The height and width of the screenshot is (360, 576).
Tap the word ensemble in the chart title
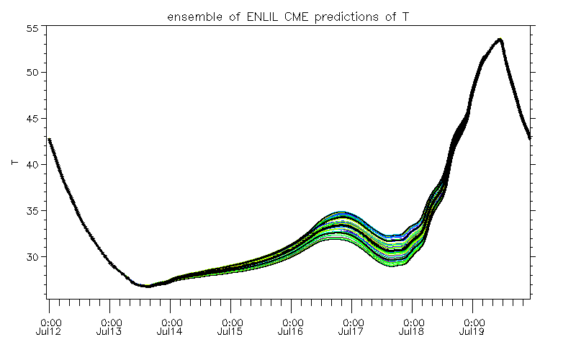click(x=194, y=17)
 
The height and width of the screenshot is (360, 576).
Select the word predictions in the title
click(x=347, y=17)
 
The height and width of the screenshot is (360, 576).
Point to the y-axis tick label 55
click(x=32, y=28)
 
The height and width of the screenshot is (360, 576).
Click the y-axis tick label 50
click(x=32, y=73)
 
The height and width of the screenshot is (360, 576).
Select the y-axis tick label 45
click(x=32, y=119)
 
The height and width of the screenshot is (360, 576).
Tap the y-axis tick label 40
click(x=32, y=165)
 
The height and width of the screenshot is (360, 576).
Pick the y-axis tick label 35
click(x=32, y=211)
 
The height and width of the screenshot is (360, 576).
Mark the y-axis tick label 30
click(x=32, y=257)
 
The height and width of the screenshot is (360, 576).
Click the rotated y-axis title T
click(x=15, y=163)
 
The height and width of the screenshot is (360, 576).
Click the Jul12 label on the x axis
click(x=48, y=332)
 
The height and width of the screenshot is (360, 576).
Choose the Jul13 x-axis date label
click(x=109, y=332)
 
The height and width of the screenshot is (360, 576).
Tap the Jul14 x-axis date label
click(x=169, y=332)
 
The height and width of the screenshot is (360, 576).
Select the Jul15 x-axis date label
click(x=230, y=332)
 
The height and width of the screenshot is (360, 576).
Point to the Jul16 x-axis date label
click(x=291, y=332)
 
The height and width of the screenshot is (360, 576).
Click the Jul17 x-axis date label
click(x=351, y=332)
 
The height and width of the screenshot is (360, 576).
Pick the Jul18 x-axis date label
click(x=411, y=332)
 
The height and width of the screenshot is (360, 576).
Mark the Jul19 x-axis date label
click(x=472, y=332)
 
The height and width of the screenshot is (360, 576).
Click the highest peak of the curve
click(x=500, y=39)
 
